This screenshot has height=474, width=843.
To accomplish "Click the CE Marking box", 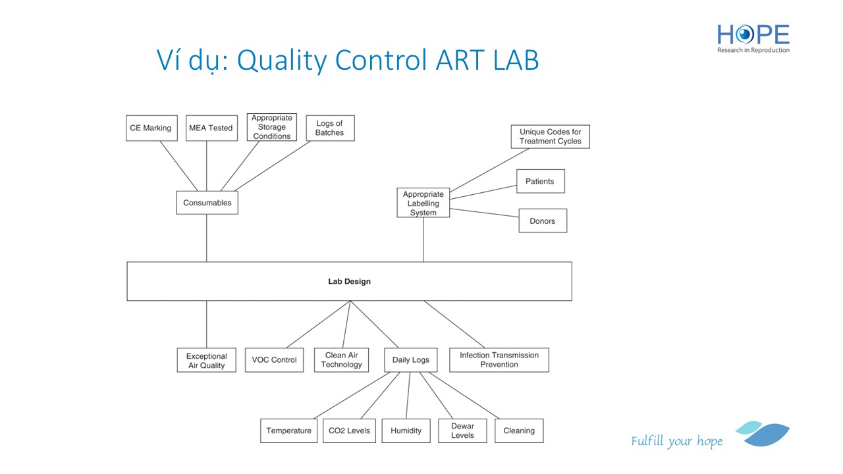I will tap(151, 128).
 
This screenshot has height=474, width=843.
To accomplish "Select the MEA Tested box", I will tap(211, 128).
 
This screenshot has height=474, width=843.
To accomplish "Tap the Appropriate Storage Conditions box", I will tap(272, 127).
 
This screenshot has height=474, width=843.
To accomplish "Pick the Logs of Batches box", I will tap(330, 128).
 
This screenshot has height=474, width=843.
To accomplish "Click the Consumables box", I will tap(207, 203).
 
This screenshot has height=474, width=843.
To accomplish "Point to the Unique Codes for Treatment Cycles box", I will tap(550, 137).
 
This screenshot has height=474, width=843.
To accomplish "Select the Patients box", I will tap(540, 181).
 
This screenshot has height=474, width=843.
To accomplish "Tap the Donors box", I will tap(543, 221).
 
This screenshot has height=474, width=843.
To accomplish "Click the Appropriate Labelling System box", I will tap(423, 203).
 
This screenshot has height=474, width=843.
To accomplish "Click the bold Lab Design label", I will tap(349, 281).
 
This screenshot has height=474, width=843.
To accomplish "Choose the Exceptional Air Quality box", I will tap(207, 360).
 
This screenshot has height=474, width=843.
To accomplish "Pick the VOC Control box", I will tap(274, 360).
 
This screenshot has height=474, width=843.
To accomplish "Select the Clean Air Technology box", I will tap(342, 360).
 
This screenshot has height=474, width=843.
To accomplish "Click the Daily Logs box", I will tap(410, 360).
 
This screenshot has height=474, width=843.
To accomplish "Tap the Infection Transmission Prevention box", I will tap(499, 360).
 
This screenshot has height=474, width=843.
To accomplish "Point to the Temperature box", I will tap(288, 431).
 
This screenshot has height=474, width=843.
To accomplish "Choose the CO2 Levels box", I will tap(349, 431).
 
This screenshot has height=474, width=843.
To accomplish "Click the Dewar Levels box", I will tap(462, 431).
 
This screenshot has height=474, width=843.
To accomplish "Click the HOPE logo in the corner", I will tap(753, 38).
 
